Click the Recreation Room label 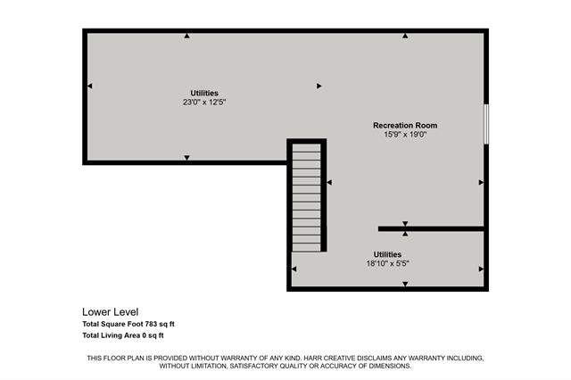[x=404, y=126]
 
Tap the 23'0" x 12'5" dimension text [x=204, y=102]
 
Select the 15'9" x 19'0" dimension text [x=404, y=136]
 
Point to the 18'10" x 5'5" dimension [x=386, y=263]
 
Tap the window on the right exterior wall [x=486, y=123]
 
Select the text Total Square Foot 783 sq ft [x=135, y=324]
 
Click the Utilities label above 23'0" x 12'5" [x=204, y=93]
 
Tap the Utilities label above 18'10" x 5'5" [x=386, y=254]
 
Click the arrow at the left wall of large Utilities [x=89, y=86]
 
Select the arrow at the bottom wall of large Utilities [x=186, y=158]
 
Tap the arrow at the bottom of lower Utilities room [x=405, y=285]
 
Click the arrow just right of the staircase [x=329, y=183]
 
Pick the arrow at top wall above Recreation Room [x=405, y=36]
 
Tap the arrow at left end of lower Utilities [x=295, y=269]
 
